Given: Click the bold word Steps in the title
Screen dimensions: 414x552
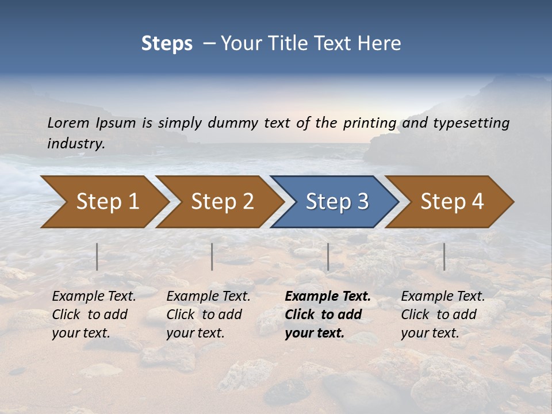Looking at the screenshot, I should click(x=167, y=44).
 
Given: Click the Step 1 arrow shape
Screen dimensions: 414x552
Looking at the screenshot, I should click(x=107, y=202).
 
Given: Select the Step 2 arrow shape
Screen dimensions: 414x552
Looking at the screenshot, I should click(x=222, y=202).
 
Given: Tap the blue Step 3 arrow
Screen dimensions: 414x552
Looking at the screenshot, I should click(x=337, y=202).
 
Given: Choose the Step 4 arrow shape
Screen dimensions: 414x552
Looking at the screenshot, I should click(x=452, y=202).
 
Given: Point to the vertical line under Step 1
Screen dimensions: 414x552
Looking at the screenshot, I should click(x=97, y=256).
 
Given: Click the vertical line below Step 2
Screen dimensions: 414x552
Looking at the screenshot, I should click(x=212, y=256).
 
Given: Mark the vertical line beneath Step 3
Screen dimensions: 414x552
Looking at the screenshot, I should click(x=328, y=256).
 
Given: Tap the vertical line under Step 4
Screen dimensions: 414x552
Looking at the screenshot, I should click(x=444, y=256).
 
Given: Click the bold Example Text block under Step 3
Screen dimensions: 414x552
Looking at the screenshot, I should click(x=328, y=315).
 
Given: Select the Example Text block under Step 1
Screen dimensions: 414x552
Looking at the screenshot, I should click(x=94, y=315).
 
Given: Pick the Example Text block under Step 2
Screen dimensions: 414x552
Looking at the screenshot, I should click(x=208, y=315).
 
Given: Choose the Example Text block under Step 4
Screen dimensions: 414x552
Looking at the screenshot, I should click(x=443, y=315).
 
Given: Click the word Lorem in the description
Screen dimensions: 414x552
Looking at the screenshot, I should click(x=68, y=122).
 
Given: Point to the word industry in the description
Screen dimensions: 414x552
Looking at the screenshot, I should click(x=76, y=144).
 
